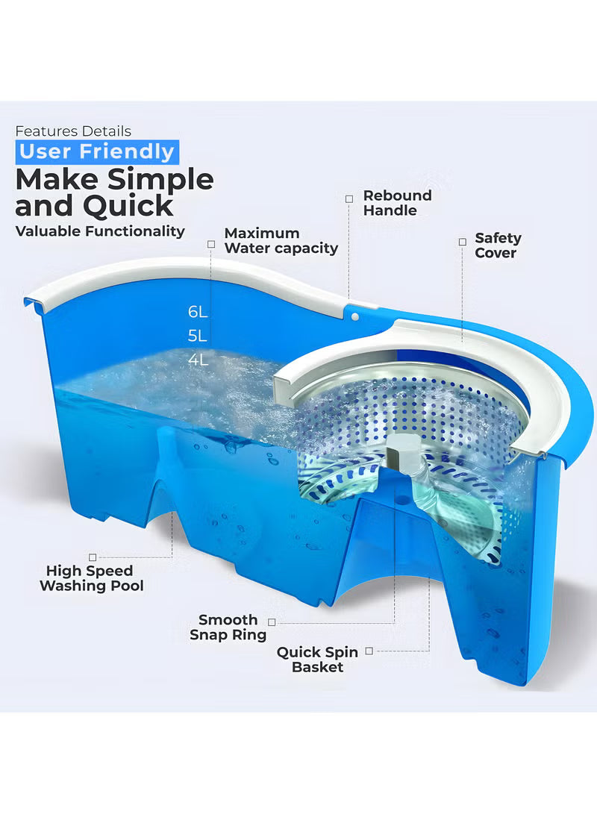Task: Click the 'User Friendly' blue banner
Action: pyautogui.click(x=96, y=152)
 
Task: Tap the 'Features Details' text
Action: pyautogui.click(x=73, y=131)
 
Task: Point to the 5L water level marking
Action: pyautogui.click(x=198, y=336)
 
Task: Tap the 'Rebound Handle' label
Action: pyautogui.click(x=397, y=203)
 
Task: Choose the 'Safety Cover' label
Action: pyautogui.click(x=498, y=245)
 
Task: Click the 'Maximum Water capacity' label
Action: pyautogui.click(x=281, y=241)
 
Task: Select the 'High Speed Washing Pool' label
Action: pyautogui.click(x=91, y=578)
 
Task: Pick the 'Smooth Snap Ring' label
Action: pyautogui.click(x=228, y=627)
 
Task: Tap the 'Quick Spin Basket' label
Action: pyautogui.click(x=317, y=660)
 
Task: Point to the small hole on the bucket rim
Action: pyautogui.click(x=355, y=316)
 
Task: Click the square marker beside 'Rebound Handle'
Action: pyautogui.click(x=348, y=198)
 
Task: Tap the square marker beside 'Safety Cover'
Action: pyautogui.click(x=461, y=241)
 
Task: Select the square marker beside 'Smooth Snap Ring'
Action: pyautogui.click(x=272, y=622)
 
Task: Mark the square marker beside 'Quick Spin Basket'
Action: pyautogui.click(x=369, y=651)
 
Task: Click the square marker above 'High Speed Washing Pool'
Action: pyautogui.click(x=93, y=557)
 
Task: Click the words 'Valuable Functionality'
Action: pyautogui.click(x=100, y=231)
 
